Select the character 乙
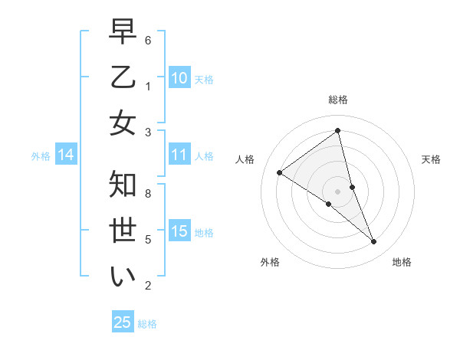[x=123, y=79]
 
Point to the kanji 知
[x=123, y=185]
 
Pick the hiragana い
[x=123, y=276]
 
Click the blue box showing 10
[x=179, y=78]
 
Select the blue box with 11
[x=179, y=155]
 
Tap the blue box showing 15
[x=179, y=231]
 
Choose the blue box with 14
[x=66, y=155]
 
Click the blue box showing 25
[x=123, y=322]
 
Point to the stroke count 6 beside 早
[x=148, y=40]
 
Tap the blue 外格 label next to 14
[x=41, y=156]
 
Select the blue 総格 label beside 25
[x=147, y=324]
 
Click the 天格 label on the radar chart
[x=431, y=159]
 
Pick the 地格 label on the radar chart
[x=402, y=262]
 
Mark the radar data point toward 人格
[x=280, y=172]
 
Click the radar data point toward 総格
[x=338, y=130]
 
